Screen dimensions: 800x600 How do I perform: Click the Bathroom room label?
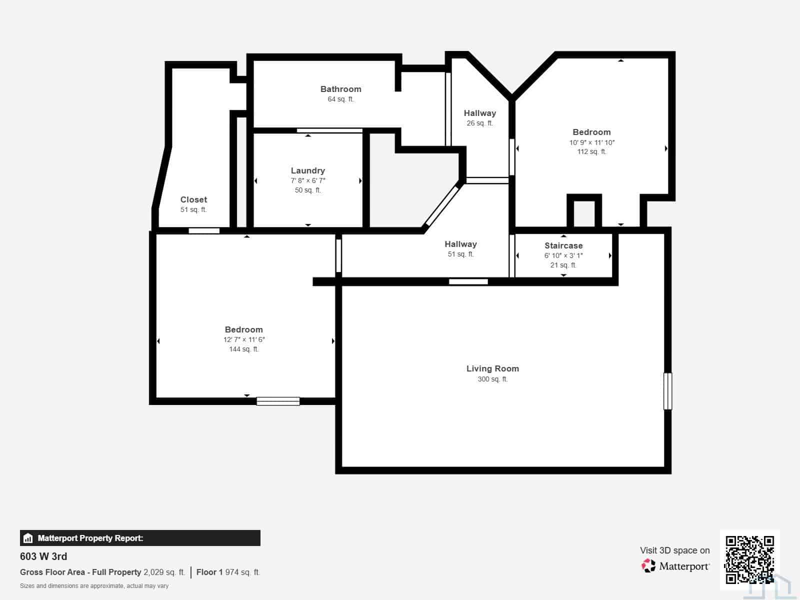pyautogui.click(x=341, y=89)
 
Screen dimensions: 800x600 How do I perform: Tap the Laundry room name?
pyautogui.click(x=308, y=170)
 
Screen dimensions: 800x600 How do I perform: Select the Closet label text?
pyautogui.click(x=193, y=199)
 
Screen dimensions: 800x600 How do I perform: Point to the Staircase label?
pyautogui.click(x=563, y=245)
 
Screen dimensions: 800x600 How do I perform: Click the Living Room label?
pyautogui.click(x=493, y=368)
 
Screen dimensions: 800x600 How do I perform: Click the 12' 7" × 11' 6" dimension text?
pyautogui.click(x=244, y=339)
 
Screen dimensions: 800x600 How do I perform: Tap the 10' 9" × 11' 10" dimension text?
pyautogui.click(x=592, y=142)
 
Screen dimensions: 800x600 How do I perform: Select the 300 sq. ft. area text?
pyautogui.click(x=493, y=379)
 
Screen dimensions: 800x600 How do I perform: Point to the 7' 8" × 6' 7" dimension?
pyautogui.click(x=308, y=180)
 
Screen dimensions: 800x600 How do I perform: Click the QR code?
pyautogui.click(x=749, y=559)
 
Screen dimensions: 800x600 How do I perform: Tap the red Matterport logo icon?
pyautogui.click(x=648, y=566)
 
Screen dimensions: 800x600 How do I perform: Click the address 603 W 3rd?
pyautogui.click(x=43, y=556)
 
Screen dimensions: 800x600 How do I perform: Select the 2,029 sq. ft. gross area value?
pyautogui.click(x=164, y=572)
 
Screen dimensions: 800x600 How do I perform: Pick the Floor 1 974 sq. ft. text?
pyautogui.click(x=228, y=572)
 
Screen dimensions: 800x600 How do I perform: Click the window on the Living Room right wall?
pyautogui.click(x=667, y=391)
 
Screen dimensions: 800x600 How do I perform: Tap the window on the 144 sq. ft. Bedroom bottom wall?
pyautogui.click(x=278, y=401)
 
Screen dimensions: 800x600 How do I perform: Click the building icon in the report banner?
pyautogui.click(x=27, y=538)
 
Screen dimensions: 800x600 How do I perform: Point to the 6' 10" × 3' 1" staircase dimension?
pyautogui.click(x=563, y=255)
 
